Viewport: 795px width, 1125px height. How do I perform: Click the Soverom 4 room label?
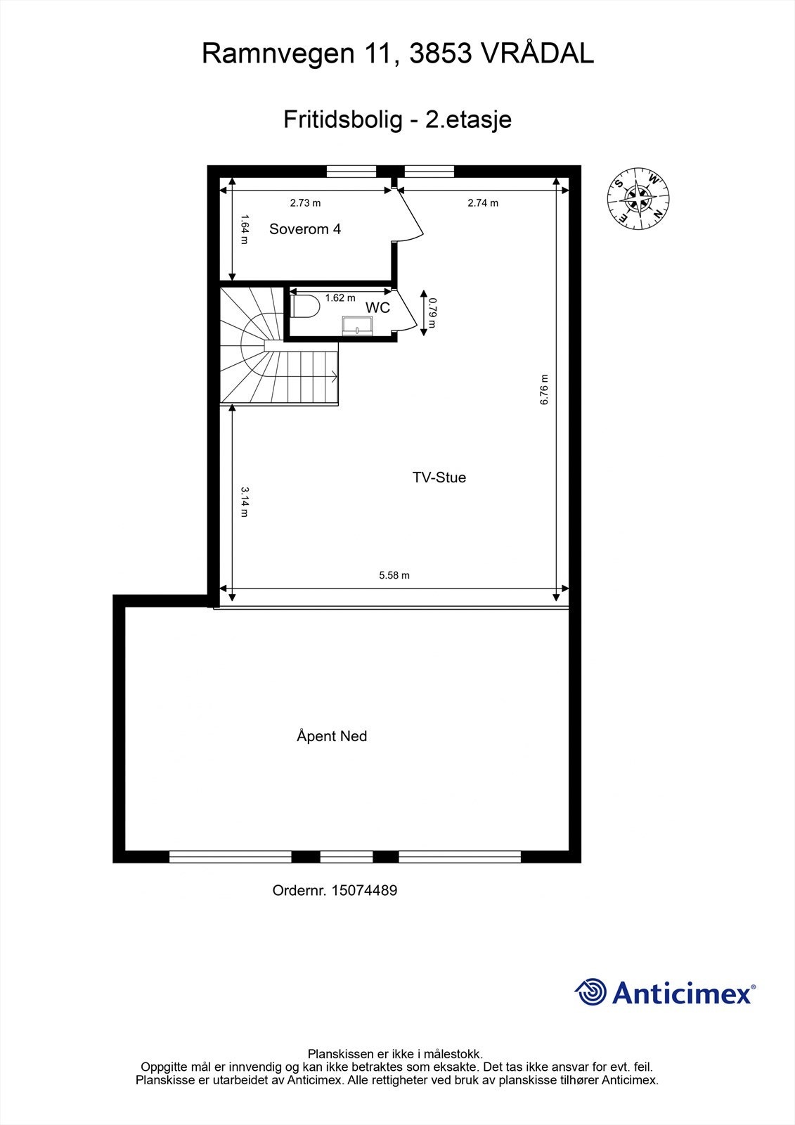pyautogui.click(x=305, y=229)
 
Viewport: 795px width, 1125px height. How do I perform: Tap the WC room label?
pyautogui.click(x=377, y=308)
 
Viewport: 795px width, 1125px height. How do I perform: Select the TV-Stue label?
pyautogui.click(x=439, y=477)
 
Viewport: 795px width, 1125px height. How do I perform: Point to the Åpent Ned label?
pyautogui.click(x=332, y=736)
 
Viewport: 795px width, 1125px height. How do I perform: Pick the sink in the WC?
pyautogui.click(x=358, y=326)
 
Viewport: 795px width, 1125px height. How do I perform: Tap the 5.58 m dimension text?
pyautogui.click(x=394, y=575)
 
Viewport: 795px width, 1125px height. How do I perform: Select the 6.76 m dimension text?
pyautogui.click(x=544, y=390)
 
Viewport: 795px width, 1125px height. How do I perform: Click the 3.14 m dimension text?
pyautogui.click(x=245, y=501)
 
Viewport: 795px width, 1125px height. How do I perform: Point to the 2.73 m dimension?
pyautogui.click(x=305, y=203)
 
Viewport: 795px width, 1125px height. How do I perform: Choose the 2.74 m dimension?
pyautogui.click(x=483, y=203)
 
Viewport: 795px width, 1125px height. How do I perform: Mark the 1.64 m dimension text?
pyautogui.click(x=245, y=229)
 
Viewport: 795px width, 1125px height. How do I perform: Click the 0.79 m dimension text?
pyautogui.click(x=433, y=312)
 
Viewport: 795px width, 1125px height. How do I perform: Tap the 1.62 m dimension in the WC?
pyautogui.click(x=340, y=298)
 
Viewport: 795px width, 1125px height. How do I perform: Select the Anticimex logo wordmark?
pyautogui.click(x=682, y=994)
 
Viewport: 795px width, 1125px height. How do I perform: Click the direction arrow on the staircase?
pyautogui.click(x=333, y=378)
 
